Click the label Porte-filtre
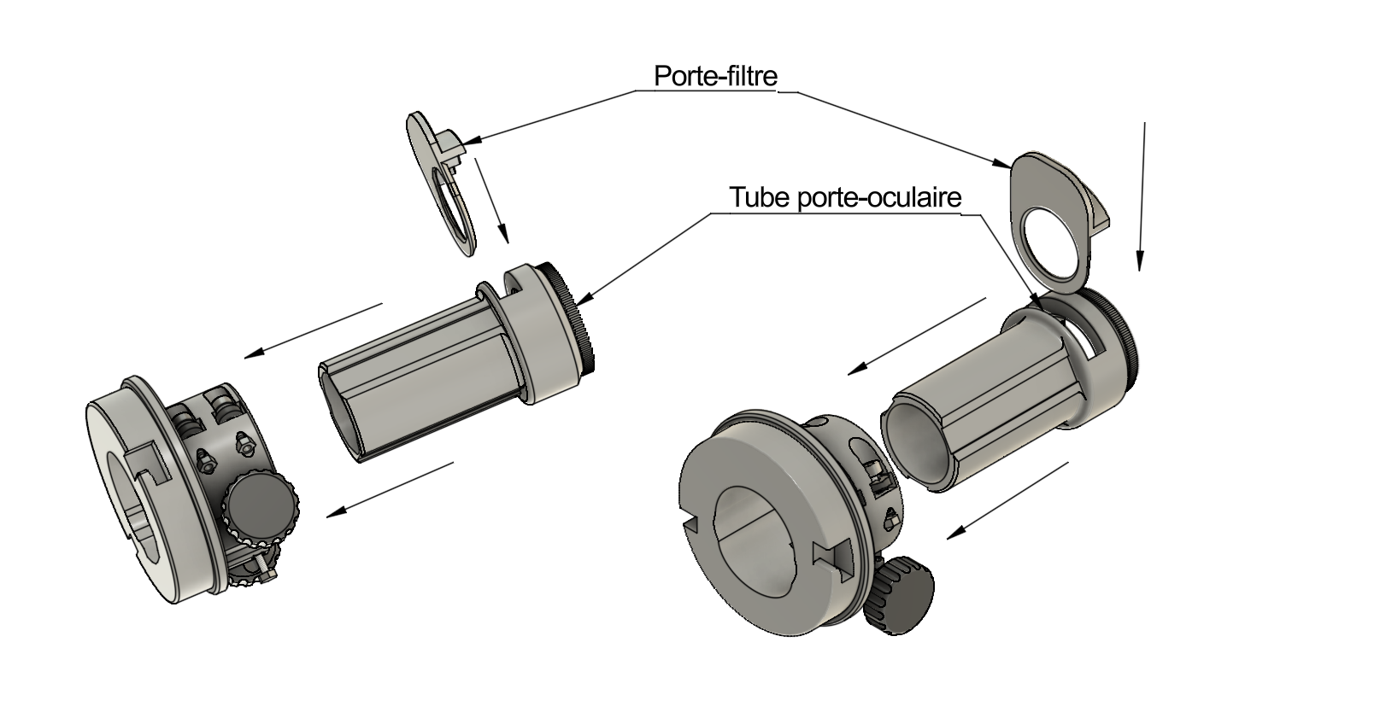(x=715, y=76)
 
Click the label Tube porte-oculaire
(x=845, y=198)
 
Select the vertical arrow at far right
(x=1141, y=196)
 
